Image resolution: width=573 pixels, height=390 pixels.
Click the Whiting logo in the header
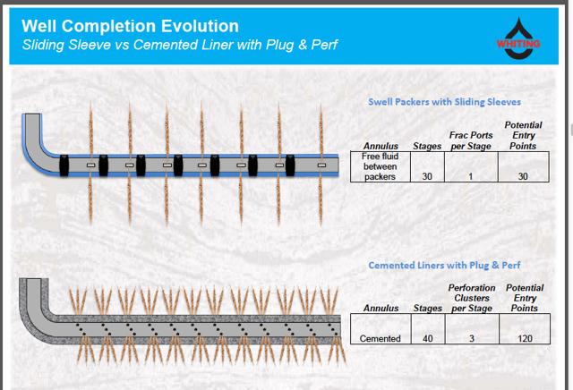pos(518,38)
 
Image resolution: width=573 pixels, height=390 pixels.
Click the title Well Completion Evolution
pos(130,26)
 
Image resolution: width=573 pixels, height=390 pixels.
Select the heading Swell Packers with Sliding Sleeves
pos(444,102)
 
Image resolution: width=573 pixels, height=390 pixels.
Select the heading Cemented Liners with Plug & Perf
pos(444,265)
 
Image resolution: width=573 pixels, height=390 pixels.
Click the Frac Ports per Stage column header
pos(471,140)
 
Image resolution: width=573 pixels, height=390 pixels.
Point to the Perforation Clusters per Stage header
pos(472,298)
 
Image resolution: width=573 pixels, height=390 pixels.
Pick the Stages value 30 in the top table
pos(427,177)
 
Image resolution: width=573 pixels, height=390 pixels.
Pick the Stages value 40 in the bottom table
pos(428,339)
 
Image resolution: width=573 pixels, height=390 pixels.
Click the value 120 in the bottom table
pos(525,339)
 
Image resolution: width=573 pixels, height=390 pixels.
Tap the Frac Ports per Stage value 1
pos(471,177)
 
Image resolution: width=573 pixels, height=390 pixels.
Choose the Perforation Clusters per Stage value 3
pos(472,339)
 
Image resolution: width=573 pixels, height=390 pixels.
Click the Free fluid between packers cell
pos(380,166)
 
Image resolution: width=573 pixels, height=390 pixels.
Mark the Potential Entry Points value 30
pos(523,177)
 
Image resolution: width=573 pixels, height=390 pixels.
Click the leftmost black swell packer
pos(64,165)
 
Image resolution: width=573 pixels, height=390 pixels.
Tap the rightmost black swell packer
pos(290,165)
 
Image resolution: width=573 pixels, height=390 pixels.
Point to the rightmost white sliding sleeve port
pos(321,165)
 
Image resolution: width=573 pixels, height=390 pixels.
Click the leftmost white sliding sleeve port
pos(91,165)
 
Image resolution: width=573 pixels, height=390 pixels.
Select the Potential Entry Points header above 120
pos(525,298)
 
